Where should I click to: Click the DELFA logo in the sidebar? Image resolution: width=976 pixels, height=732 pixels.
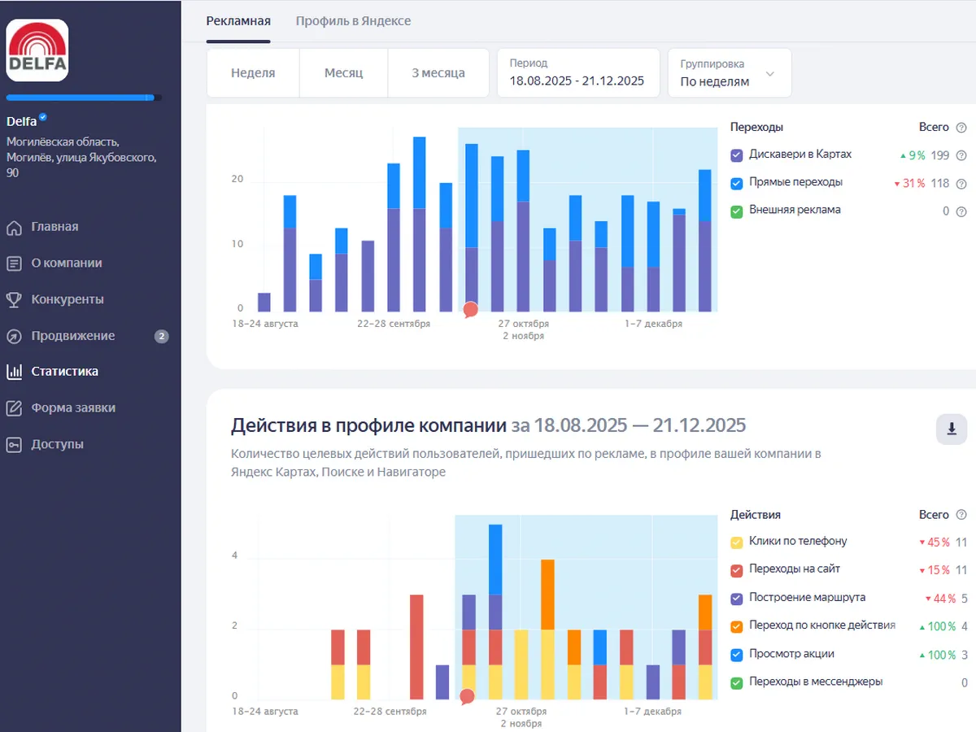tap(37, 50)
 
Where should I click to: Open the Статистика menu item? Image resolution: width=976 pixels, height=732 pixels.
tap(64, 372)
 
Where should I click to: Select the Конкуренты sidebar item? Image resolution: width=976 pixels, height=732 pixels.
tap(67, 299)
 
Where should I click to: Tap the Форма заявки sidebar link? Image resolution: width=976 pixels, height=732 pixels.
tap(72, 407)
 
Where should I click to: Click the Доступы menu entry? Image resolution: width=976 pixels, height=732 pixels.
tap(57, 444)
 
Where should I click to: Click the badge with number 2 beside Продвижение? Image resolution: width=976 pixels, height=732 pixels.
tap(161, 336)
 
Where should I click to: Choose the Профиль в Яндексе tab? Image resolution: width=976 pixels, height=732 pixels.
tap(353, 21)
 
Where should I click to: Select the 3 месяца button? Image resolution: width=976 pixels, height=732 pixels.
tap(438, 73)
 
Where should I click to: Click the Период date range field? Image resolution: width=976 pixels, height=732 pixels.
tap(577, 73)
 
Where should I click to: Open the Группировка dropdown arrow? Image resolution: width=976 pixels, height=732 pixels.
tap(770, 74)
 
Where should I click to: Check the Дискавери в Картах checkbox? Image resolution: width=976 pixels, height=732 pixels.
tap(737, 155)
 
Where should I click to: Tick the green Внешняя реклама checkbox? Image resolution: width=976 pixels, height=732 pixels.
tap(737, 211)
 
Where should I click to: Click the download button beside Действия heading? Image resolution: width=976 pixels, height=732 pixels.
tap(952, 429)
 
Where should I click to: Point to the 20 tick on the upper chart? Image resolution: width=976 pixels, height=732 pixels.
tap(237, 179)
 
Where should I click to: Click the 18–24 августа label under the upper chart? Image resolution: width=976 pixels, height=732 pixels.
tap(265, 324)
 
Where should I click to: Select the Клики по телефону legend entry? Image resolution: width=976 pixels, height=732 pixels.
tap(797, 541)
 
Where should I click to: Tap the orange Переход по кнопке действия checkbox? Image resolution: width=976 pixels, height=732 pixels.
tap(737, 627)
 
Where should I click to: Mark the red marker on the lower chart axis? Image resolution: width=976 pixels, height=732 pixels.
tap(467, 697)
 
